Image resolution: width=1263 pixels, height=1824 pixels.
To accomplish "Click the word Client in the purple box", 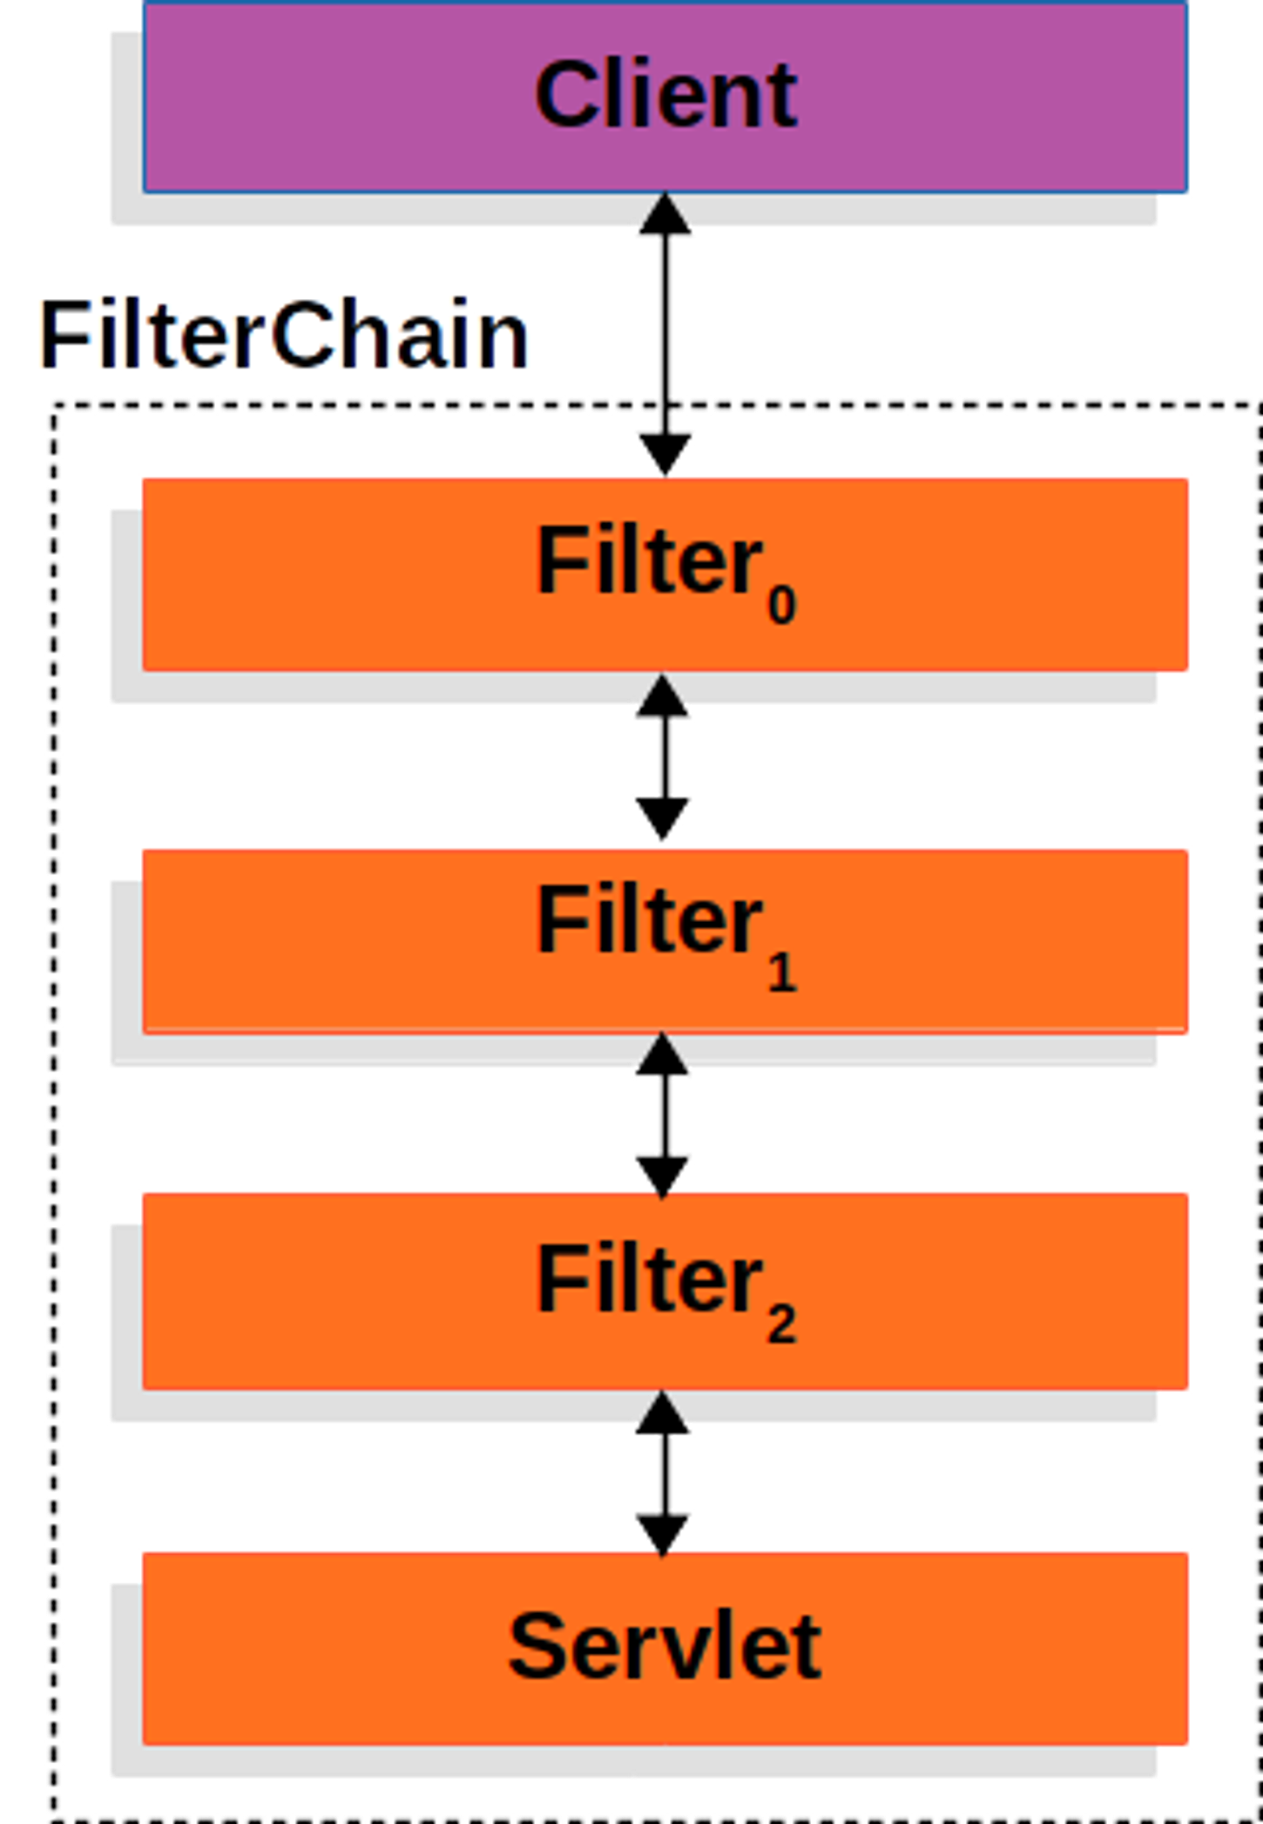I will point(665,94).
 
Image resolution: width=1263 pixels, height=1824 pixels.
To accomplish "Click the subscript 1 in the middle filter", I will point(782,972).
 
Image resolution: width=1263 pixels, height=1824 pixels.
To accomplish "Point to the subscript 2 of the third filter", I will point(781,1325).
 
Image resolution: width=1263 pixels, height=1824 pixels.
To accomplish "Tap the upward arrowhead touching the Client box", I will point(665,216).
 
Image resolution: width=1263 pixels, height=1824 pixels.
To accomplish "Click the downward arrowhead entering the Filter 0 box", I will point(665,452).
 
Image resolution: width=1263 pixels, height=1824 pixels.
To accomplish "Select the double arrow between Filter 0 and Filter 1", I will point(662,758).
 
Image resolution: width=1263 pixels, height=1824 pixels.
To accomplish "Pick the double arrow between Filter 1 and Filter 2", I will point(662,1115).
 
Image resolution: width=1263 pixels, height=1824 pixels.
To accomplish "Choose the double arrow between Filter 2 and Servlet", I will point(662,1472).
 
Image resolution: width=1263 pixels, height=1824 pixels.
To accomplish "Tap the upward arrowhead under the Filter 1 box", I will point(662,1056).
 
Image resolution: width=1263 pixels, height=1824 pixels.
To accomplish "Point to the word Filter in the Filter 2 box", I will point(650,1278).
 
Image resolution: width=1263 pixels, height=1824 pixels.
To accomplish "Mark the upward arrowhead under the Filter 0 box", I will point(662,697).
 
